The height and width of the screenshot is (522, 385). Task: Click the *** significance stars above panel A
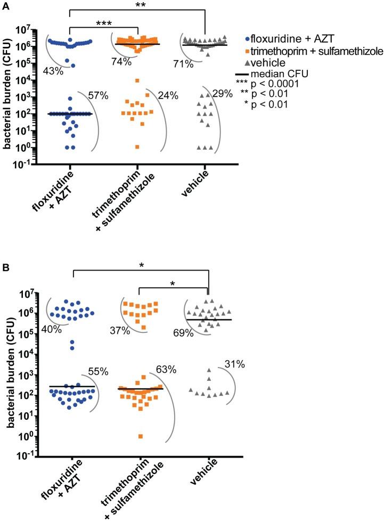point(104,24)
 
